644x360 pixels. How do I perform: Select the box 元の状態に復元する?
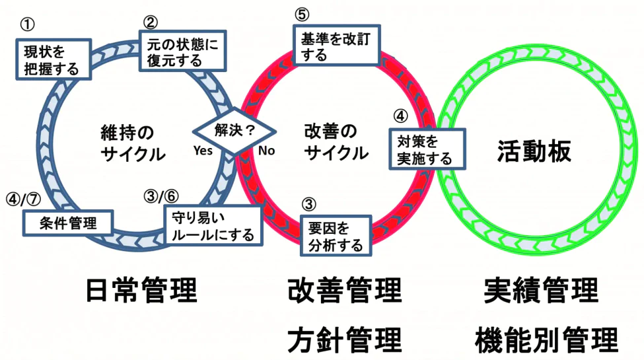(181, 50)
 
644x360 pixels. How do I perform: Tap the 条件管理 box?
(68, 223)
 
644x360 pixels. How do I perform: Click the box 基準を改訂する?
(336, 46)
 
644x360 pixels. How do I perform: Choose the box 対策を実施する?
(425, 149)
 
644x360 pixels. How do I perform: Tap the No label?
(266, 151)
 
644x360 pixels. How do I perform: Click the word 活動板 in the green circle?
(534, 151)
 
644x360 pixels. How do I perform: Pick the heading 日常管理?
(142, 290)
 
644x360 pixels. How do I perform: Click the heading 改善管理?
(345, 290)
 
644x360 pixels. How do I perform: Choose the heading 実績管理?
(541, 290)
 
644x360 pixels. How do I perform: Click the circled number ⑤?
(301, 15)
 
